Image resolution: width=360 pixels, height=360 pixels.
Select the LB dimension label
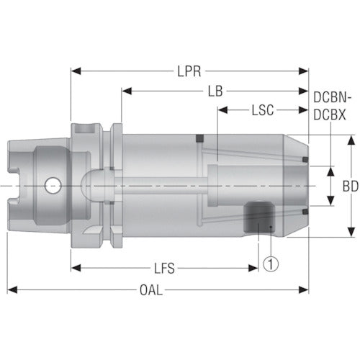tap(214, 91)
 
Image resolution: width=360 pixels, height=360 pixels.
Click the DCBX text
tap(332, 113)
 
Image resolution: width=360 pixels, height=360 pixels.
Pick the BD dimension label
tap(350, 185)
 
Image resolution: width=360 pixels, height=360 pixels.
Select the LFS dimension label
tap(165, 269)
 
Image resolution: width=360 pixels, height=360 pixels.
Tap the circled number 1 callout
tap(271, 264)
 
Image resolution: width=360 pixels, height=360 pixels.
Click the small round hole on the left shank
tap(51, 185)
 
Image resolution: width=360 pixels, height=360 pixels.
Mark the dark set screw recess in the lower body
tap(258, 216)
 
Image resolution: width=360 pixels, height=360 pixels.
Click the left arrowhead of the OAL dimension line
tap(11, 290)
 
